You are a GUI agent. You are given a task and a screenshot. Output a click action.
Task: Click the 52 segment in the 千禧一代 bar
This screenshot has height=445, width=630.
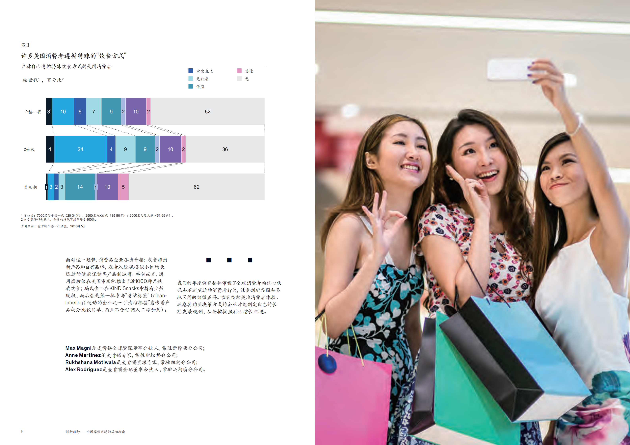tap(207, 112)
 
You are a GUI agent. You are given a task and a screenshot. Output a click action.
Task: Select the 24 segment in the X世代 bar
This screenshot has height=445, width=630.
tap(80, 149)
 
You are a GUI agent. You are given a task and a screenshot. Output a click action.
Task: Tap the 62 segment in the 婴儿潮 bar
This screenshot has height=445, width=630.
tap(197, 187)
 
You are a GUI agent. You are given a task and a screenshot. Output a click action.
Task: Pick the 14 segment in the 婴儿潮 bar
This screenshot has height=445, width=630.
tap(80, 187)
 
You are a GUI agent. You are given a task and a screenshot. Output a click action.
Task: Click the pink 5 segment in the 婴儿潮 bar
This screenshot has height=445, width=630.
tap(123, 187)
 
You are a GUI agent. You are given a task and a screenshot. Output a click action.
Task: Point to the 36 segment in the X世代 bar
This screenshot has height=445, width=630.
tap(225, 149)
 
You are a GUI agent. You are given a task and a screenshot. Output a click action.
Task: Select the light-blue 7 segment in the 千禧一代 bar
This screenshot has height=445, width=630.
tap(93, 112)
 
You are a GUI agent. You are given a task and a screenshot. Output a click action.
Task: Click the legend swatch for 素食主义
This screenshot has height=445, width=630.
tap(191, 71)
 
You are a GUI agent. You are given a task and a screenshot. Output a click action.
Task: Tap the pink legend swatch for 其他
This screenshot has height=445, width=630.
tap(239, 71)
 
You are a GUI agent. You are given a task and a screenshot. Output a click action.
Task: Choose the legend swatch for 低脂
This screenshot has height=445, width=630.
tap(191, 86)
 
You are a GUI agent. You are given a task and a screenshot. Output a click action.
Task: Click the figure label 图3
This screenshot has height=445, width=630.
tap(25, 45)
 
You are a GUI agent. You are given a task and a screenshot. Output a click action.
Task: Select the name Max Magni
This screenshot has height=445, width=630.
tap(78, 348)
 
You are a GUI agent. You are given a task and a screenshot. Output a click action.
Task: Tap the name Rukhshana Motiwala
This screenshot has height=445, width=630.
tap(91, 362)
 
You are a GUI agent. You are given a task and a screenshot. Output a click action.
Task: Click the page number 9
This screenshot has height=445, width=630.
tap(22, 432)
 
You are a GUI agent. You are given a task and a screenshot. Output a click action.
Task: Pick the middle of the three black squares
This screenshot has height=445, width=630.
tap(229, 260)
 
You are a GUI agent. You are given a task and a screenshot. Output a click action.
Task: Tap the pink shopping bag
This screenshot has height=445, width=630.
tap(354, 397)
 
